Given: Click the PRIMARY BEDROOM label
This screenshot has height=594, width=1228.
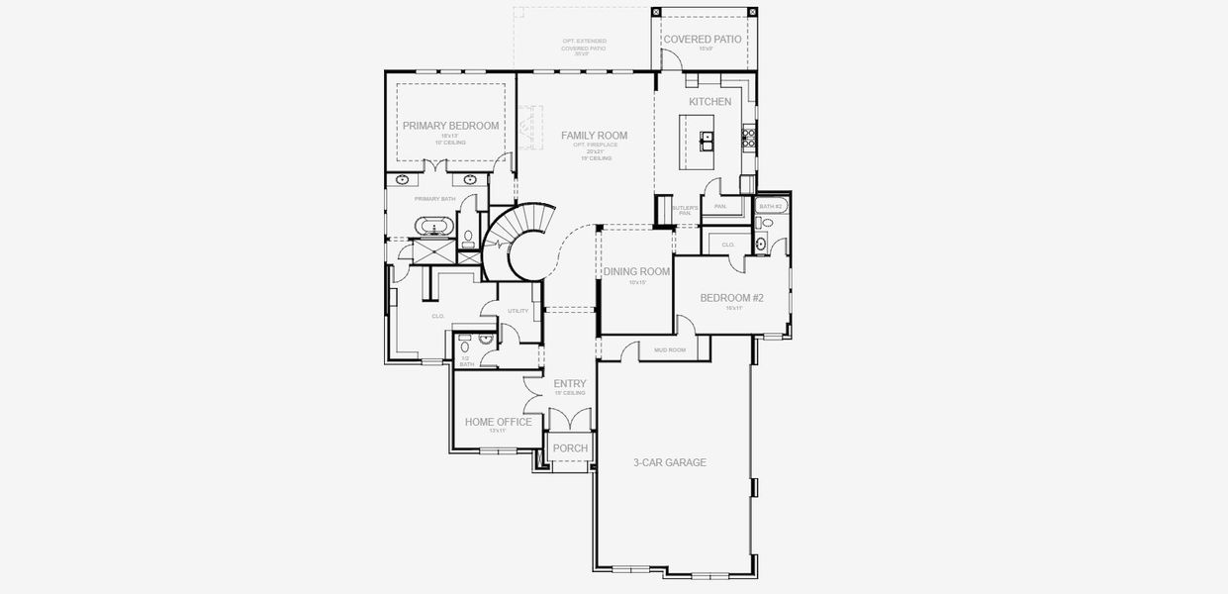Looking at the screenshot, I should coord(449,126).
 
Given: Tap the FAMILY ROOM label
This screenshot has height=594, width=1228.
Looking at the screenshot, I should coord(594,136).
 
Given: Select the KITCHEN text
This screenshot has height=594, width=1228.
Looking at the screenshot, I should coord(709,102).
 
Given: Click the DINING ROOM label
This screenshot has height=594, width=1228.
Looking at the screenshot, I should coord(636,272).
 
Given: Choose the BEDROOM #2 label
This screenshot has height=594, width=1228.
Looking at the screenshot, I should coord(732,298).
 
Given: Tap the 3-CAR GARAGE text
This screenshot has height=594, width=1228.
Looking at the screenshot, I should coord(670,462).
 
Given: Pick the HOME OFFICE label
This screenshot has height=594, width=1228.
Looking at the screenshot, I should coord(498,422).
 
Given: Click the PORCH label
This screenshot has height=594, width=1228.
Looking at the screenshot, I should coord(570,448).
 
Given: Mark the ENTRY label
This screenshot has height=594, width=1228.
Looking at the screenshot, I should coord(570,384).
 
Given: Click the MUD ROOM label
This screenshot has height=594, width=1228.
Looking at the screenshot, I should coord(670,349).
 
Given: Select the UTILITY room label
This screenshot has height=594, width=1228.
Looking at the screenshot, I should coord(518,311).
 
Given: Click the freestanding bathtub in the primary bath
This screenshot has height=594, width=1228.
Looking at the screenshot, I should coord(434,227).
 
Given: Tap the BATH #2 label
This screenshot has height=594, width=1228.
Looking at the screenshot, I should coord(770,206).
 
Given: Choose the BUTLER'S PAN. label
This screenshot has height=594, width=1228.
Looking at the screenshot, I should coord(684,211).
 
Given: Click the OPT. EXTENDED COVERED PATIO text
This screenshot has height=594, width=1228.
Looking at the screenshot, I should coord(583,46).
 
